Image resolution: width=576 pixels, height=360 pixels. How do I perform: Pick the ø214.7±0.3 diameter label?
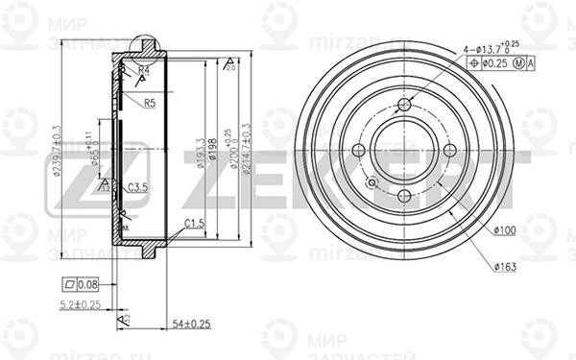point(247,154)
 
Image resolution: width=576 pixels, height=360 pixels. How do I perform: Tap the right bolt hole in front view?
point(450,151)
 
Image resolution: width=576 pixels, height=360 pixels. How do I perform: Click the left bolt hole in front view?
point(359,151)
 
